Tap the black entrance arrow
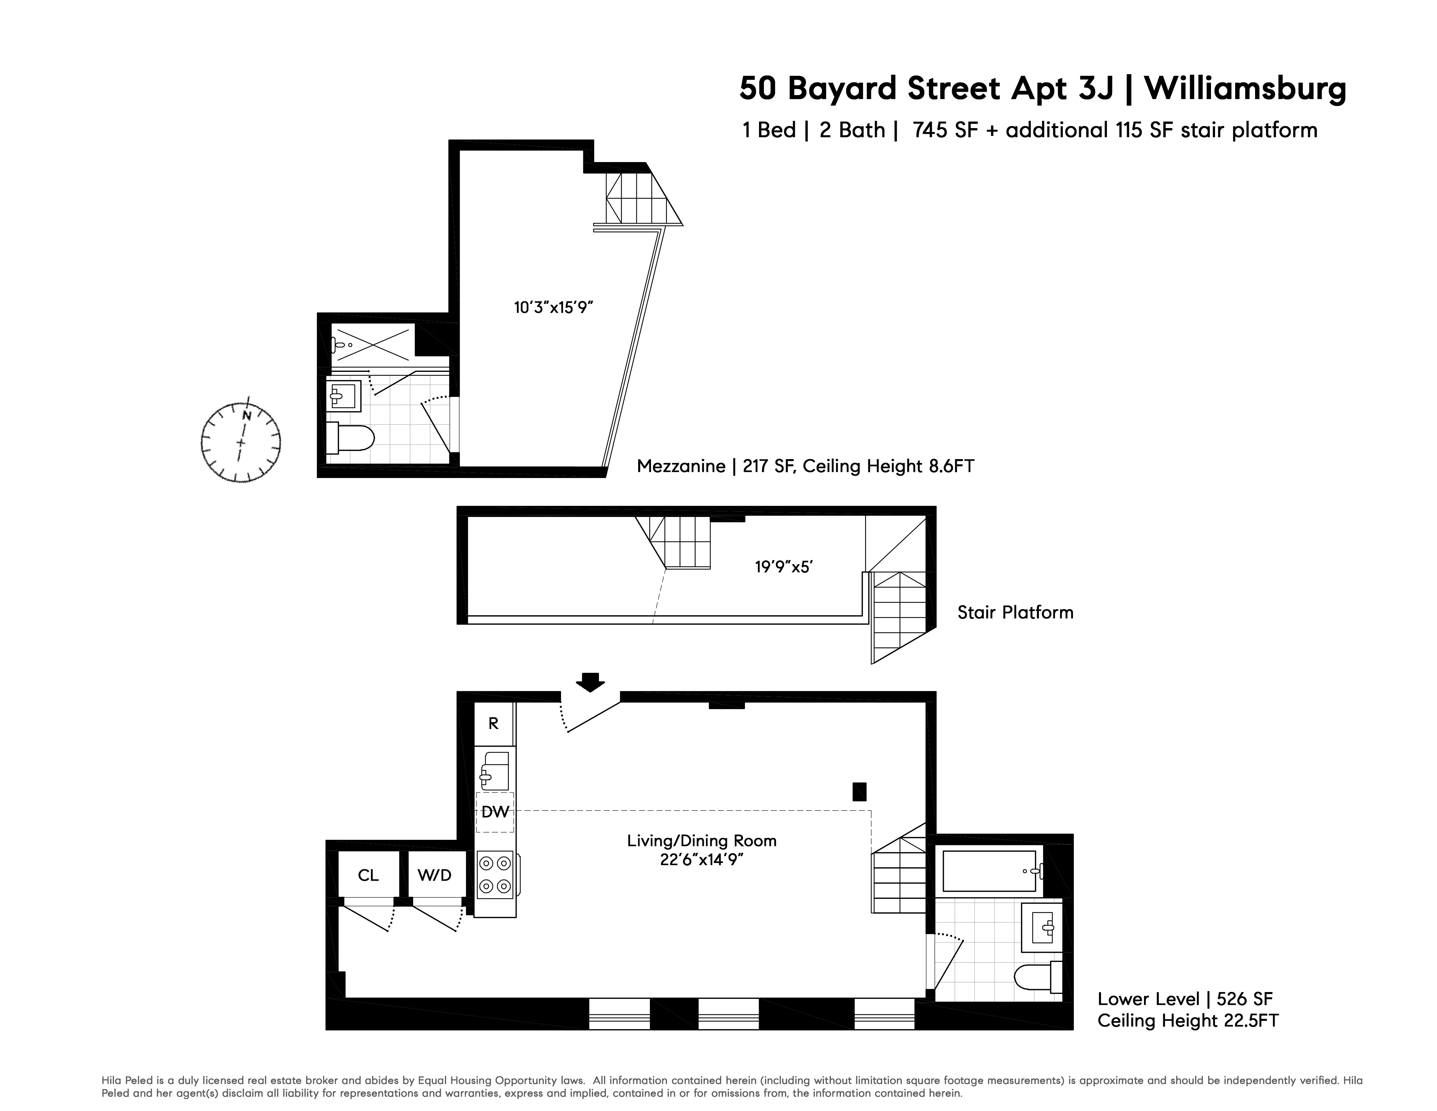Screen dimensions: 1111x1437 [590, 682]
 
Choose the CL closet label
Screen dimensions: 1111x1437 [368, 875]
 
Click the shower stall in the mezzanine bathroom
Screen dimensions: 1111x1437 [372, 343]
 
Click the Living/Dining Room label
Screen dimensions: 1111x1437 [702, 840]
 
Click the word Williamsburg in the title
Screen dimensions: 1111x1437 [1246, 88]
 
